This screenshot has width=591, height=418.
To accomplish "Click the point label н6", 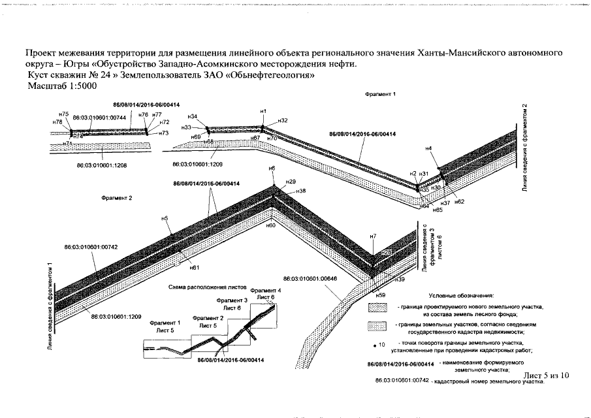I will tap(272, 169).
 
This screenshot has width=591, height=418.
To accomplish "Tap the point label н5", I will tap(165, 218).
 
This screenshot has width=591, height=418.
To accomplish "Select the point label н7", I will tap(373, 235).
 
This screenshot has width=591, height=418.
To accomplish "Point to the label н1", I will tap(263, 112).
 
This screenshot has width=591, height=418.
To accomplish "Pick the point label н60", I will tap(271, 225).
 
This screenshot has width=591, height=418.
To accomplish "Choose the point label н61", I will tap(194, 267).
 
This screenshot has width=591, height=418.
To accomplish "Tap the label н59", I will tap(381, 295).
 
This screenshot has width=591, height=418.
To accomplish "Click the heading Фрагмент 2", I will tap(118, 197).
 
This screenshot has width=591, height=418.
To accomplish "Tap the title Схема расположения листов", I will tap(208, 287).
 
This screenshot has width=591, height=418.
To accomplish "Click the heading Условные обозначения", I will tap(462, 297).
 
